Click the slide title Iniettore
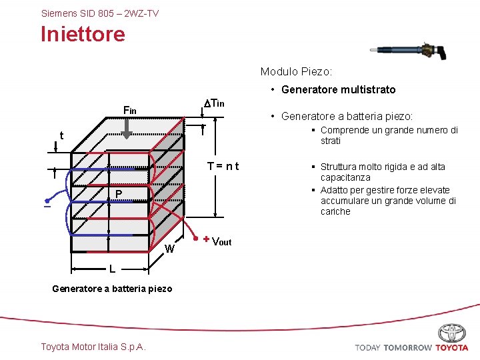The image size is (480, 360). tap(83, 34)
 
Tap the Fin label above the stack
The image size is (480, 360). tap(129, 110)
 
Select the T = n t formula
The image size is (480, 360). tap(223, 167)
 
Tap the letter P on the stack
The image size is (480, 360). tap(117, 194)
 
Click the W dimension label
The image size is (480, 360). tap(170, 249)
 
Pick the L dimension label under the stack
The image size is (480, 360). tap(113, 269)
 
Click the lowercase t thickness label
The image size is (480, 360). tap(61, 136)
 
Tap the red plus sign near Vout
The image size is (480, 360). tap(207, 239)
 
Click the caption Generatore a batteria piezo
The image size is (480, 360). tap(112, 289)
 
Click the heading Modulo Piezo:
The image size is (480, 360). tap(296, 71)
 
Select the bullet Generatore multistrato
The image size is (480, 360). tap(338, 89)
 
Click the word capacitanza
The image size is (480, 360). tap(345, 178)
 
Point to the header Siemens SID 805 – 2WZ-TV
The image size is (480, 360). tap(100, 13)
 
